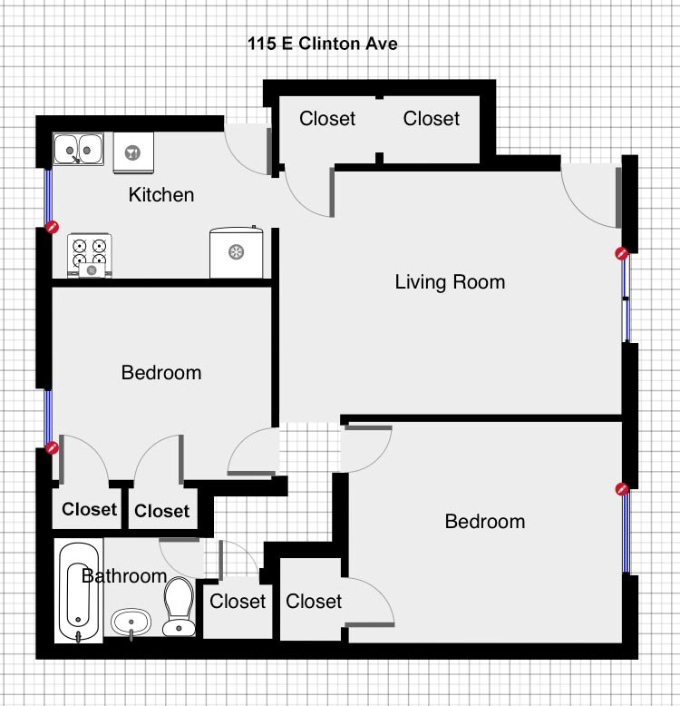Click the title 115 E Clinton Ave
[323, 44]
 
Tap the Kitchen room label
[161, 195]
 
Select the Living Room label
[450, 282]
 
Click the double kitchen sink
[77, 148]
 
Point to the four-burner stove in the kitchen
[91, 255]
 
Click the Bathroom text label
[124, 576]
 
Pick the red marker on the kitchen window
[53, 228]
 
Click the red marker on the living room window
[622, 254]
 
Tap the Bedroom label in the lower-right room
[485, 522]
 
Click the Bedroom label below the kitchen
[161, 373]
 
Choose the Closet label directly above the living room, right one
[432, 119]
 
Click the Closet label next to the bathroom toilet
[238, 601]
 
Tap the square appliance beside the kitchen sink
[133, 152]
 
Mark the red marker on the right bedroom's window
[622, 489]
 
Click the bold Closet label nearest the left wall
[90, 510]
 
